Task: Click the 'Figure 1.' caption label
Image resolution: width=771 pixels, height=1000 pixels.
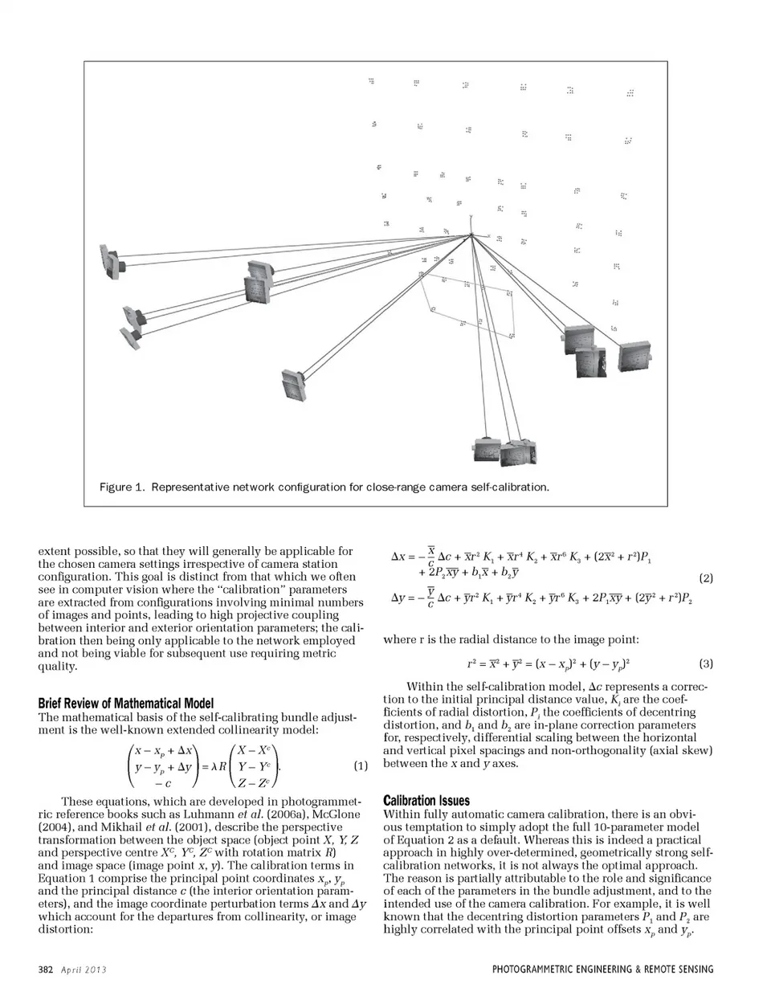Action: pos(121,487)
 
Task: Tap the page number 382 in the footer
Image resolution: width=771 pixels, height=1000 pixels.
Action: pos(45,969)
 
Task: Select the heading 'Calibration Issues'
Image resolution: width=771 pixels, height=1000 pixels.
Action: pos(426,801)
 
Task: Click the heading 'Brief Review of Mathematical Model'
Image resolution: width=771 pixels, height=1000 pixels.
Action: pos(126,704)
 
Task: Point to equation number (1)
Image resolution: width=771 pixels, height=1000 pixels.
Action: pos(361,765)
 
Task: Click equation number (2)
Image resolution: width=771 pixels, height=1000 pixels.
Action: pos(706,578)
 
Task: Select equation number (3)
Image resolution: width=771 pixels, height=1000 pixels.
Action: pos(706,663)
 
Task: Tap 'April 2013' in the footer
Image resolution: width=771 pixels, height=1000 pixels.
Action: pos(84,969)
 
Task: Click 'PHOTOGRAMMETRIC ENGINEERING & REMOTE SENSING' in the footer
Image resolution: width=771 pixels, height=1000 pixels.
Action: pos(602,969)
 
